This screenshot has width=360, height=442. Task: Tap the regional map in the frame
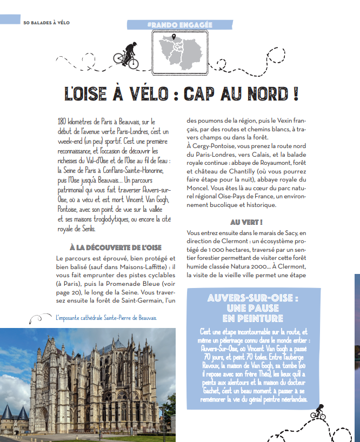[x=179, y=51]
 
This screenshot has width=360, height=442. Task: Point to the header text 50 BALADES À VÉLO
[x=46, y=22]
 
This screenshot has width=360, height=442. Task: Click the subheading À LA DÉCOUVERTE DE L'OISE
[x=116, y=247]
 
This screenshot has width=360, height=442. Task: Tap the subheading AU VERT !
[x=246, y=222]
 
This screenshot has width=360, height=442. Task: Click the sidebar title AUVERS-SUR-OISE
[x=252, y=298]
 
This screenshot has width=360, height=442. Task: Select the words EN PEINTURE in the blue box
[x=252, y=318]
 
